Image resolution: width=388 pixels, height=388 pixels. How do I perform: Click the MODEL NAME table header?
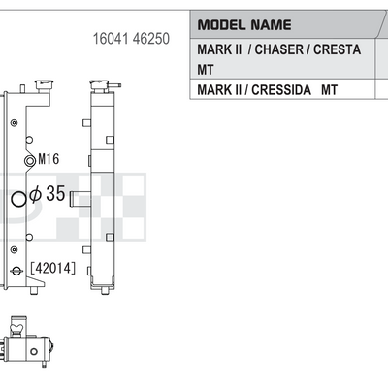(244, 25)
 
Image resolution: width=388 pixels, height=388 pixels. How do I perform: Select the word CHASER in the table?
(279, 49)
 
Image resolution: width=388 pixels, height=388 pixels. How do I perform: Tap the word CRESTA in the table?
(337, 49)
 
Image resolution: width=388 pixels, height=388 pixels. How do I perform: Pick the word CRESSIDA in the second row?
(281, 90)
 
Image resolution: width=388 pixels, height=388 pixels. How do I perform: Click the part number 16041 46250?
(131, 39)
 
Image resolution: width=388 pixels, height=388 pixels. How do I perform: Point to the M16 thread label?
(48, 159)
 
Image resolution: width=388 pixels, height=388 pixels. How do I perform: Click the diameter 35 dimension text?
(48, 194)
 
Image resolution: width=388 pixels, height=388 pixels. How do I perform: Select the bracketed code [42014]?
(53, 268)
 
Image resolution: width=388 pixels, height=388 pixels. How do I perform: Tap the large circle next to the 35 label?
(18, 199)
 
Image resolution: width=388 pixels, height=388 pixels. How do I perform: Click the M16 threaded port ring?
(30, 160)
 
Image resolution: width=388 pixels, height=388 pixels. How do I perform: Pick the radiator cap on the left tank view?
(45, 86)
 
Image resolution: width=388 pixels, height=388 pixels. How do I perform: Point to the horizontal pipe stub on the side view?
(81, 199)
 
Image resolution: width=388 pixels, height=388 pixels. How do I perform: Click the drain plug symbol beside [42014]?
(16, 271)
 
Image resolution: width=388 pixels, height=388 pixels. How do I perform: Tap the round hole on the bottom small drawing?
(34, 351)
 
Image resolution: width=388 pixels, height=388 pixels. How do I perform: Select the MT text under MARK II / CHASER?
(206, 70)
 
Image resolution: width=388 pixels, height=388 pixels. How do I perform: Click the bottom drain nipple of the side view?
(105, 290)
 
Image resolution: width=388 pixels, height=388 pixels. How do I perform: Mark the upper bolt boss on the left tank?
(14, 123)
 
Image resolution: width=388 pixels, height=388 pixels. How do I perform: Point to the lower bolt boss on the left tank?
(14, 249)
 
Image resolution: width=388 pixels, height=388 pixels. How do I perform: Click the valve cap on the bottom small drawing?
(18, 326)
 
